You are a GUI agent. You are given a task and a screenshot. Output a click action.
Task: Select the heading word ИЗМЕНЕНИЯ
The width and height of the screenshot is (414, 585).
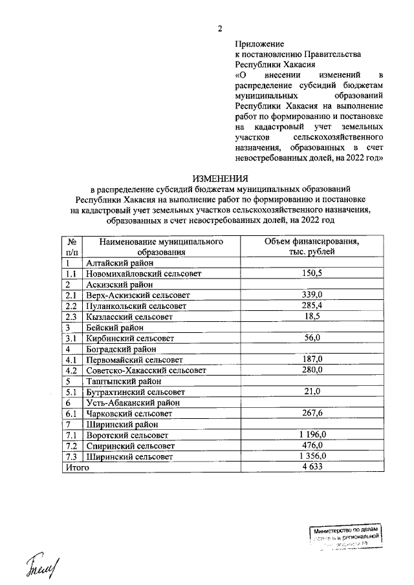(x=220, y=178)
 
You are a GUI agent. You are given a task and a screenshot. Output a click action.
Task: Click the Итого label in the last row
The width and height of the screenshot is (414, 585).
(x=76, y=467)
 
